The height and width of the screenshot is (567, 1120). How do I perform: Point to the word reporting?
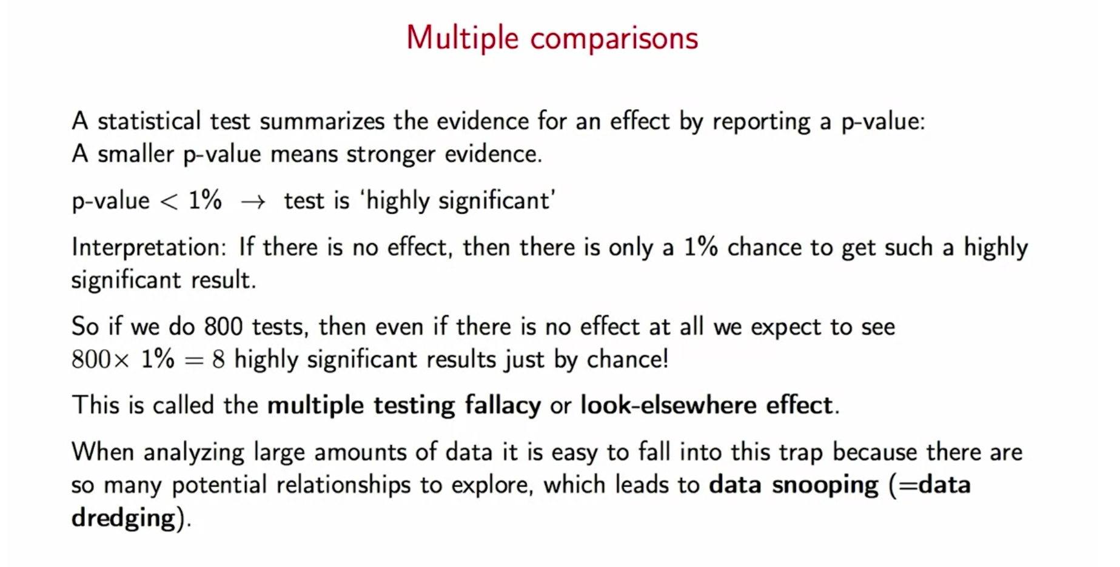coord(761,122)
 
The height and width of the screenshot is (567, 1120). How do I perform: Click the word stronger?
coord(391,155)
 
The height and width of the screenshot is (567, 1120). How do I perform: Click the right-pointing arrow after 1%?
coord(253,202)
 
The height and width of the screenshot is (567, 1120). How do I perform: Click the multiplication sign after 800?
coord(121,361)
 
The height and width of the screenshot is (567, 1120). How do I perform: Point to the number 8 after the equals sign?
coord(218,360)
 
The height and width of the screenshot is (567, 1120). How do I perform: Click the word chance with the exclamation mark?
coord(628,359)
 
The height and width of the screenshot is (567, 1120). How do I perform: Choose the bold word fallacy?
coord(503,405)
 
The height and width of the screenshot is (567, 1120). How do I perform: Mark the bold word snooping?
coord(825,485)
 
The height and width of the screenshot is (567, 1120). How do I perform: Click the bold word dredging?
coord(123,518)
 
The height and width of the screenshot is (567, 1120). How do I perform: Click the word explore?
coord(492,485)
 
